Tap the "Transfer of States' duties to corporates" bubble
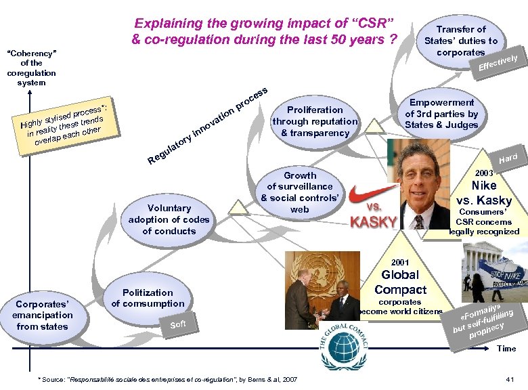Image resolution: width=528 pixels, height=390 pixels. (460, 41)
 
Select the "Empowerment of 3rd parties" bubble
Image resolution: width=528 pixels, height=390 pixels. (441, 114)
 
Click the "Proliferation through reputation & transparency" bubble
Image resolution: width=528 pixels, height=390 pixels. (315, 121)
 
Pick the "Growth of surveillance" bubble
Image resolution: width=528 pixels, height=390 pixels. (299, 192)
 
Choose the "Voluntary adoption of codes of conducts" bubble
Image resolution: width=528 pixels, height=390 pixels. (169, 219)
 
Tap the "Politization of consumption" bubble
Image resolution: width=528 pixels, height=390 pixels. (148, 298)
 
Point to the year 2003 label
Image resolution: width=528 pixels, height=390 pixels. (485, 174)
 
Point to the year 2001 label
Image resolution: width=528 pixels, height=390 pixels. (400, 261)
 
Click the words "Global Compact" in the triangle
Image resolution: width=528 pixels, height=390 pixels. (400, 282)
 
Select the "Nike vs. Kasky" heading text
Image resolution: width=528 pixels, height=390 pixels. (484, 193)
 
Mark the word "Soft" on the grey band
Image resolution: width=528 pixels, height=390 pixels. (178, 324)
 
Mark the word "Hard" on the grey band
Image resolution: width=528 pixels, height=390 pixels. (508, 158)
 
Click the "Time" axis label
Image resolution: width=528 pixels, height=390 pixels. (506, 349)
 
